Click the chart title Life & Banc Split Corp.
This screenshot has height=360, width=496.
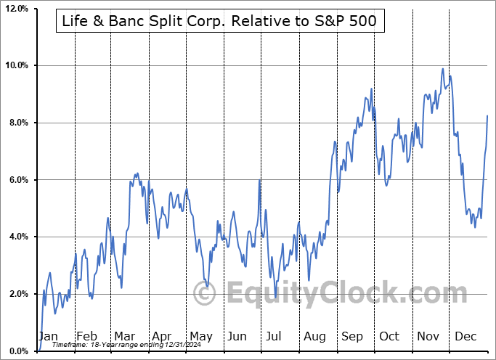point(216,22)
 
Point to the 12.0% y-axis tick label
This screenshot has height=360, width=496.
point(17,9)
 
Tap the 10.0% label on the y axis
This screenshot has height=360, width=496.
point(17,66)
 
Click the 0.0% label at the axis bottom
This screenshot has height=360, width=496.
point(18,351)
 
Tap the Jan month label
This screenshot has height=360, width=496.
point(47,336)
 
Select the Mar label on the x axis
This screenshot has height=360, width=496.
point(124,336)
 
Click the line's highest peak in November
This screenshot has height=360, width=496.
point(442,69)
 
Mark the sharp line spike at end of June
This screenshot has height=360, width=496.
point(260,180)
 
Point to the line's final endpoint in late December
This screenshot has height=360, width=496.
point(487,116)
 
